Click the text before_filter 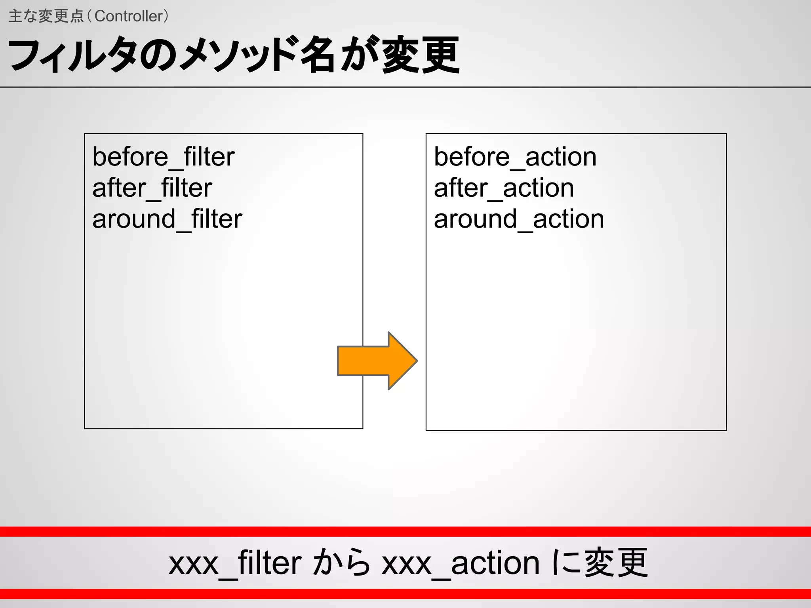point(163,157)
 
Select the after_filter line point(152,188)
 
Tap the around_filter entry point(167,219)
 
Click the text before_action point(515,157)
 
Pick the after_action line point(504,188)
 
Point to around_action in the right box point(519,219)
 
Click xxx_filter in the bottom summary point(235,563)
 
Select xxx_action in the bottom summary point(460,563)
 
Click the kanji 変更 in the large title point(421,55)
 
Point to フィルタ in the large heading point(71,55)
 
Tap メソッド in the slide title point(238,55)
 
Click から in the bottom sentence point(341,562)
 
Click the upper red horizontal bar point(405,532)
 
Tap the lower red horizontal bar point(405,594)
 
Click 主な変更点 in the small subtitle point(46,16)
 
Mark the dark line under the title point(405,87)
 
